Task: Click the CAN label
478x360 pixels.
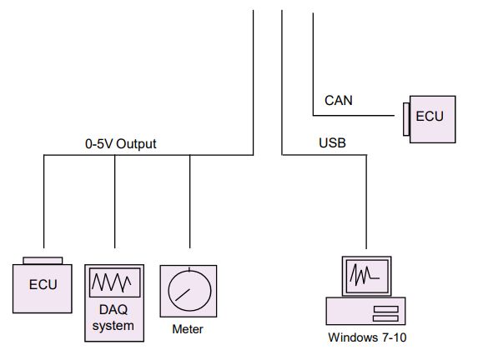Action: click(339, 101)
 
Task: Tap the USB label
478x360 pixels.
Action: click(332, 142)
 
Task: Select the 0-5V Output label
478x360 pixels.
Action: click(121, 144)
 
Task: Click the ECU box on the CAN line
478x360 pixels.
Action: click(432, 119)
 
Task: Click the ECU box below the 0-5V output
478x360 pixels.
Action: click(43, 288)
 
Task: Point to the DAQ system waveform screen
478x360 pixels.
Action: click(114, 282)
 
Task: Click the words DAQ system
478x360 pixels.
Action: click(113, 317)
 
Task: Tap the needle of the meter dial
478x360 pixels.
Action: click(183, 295)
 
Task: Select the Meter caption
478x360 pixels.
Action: click(188, 329)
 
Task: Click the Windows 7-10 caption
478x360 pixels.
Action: click(367, 337)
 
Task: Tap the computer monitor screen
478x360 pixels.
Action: click(367, 276)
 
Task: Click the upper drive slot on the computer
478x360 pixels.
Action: click(386, 309)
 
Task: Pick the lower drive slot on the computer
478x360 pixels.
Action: click(386, 318)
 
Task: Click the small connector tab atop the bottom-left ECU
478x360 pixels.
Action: click(43, 261)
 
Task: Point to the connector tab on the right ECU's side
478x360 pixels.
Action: click(406, 119)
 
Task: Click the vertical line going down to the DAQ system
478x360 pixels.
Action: click(114, 202)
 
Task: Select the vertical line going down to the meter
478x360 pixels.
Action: click(189, 202)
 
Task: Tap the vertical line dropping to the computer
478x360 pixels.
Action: click(366, 202)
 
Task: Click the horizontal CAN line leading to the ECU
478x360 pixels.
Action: click(354, 116)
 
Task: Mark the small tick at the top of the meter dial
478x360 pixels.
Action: click(189, 269)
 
